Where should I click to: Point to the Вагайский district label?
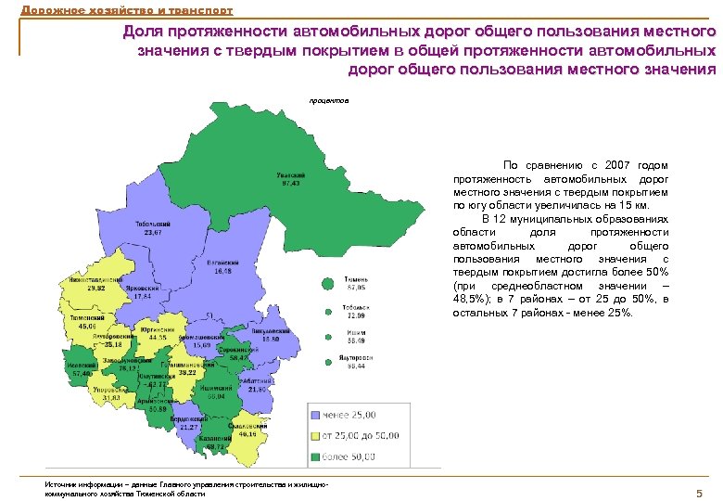223,263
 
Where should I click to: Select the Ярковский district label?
143,289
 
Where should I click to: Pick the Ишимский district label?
222,390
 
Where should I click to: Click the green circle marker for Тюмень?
328,284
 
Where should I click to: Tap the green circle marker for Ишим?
328,336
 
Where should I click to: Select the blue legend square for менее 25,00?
316,415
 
